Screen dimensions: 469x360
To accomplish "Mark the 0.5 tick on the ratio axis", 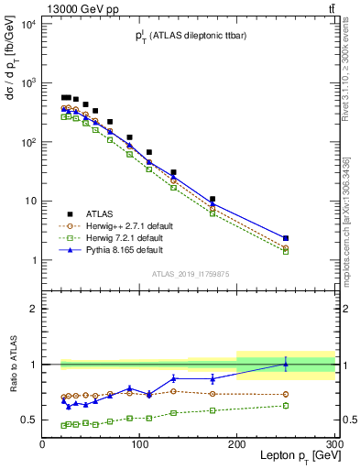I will [x=29, y=420].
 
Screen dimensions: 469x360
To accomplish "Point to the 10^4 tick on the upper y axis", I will [x=27, y=25].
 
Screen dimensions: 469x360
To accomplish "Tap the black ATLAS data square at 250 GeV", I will [x=286, y=238].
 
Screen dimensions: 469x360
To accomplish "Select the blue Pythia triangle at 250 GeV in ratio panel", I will [x=286, y=364].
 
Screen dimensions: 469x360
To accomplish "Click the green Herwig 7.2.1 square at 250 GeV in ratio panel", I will [x=286, y=406].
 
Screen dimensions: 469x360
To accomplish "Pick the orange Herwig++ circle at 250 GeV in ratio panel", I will [x=286, y=395].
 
